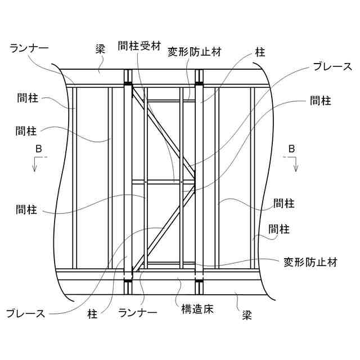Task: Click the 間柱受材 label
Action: point(138,44)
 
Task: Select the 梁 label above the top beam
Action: point(100,49)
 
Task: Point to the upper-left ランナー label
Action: point(29,48)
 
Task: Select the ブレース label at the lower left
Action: point(25,313)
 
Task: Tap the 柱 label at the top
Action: point(259,52)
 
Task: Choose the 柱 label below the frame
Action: point(93,313)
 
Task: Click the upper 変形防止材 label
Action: point(195,52)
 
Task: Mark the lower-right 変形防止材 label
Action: point(310,262)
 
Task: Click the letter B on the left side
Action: point(38,148)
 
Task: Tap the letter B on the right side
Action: point(291,148)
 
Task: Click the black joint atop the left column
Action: point(128,84)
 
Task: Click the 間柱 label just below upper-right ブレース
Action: point(321,101)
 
